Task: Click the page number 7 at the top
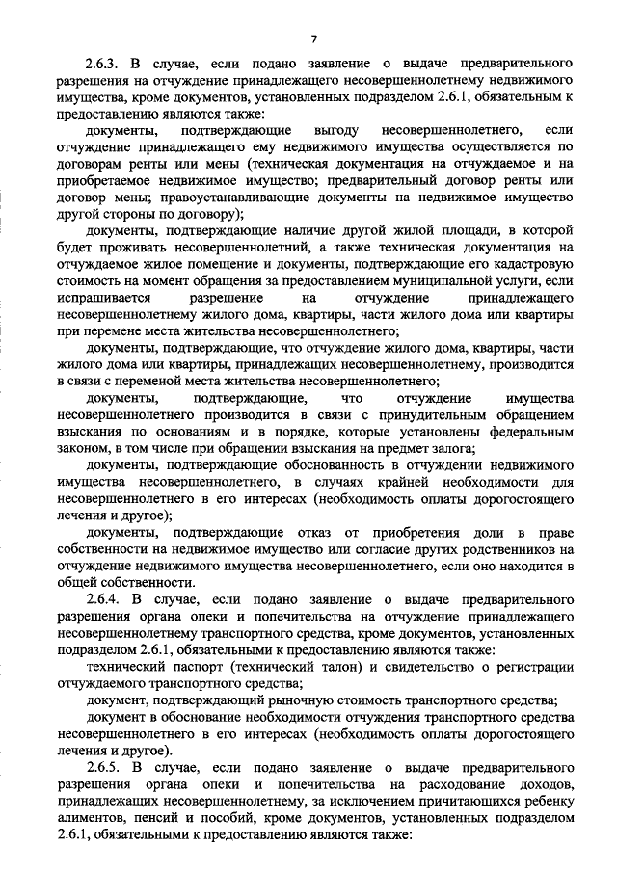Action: tap(314, 38)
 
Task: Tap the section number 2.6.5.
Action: tap(106, 764)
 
